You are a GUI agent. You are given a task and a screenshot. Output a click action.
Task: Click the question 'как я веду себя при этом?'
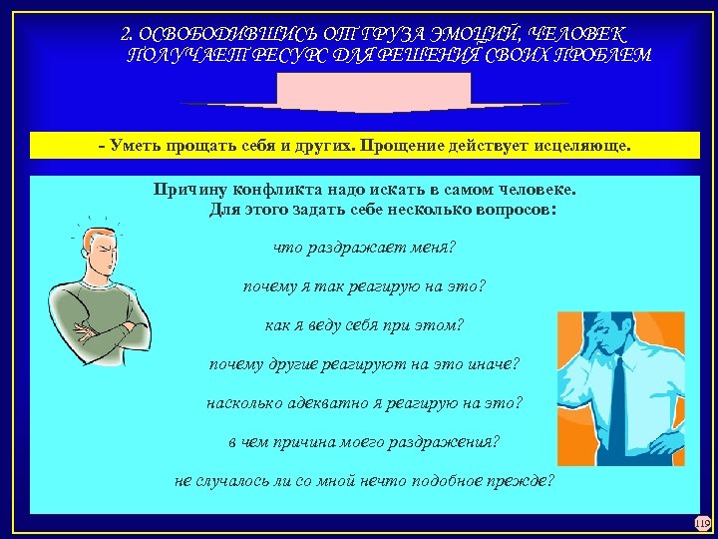coord(365,325)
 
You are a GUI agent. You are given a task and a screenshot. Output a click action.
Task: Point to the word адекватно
coord(325,403)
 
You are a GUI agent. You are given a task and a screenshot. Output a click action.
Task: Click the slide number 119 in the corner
coord(701,522)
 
